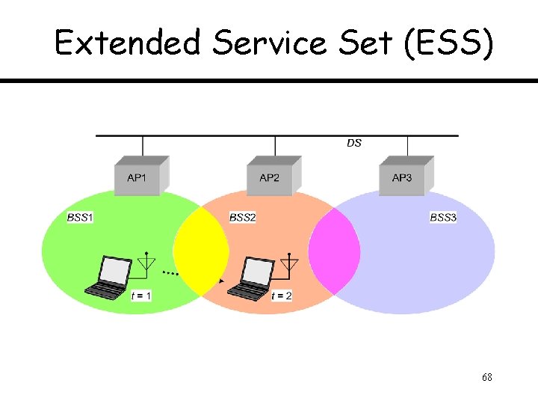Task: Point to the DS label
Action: [x=354, y=143]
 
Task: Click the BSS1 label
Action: [x=80, y=217]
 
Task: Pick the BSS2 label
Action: [x=242, y=217]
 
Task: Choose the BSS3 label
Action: [x=443, y=217]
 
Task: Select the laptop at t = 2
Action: [x=250, y=278]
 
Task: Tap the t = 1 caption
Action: [x=141, y=296]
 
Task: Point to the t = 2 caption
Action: [x=282, y=296]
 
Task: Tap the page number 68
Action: [x=486, y=378]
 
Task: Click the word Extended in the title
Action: [x=128, y=43]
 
